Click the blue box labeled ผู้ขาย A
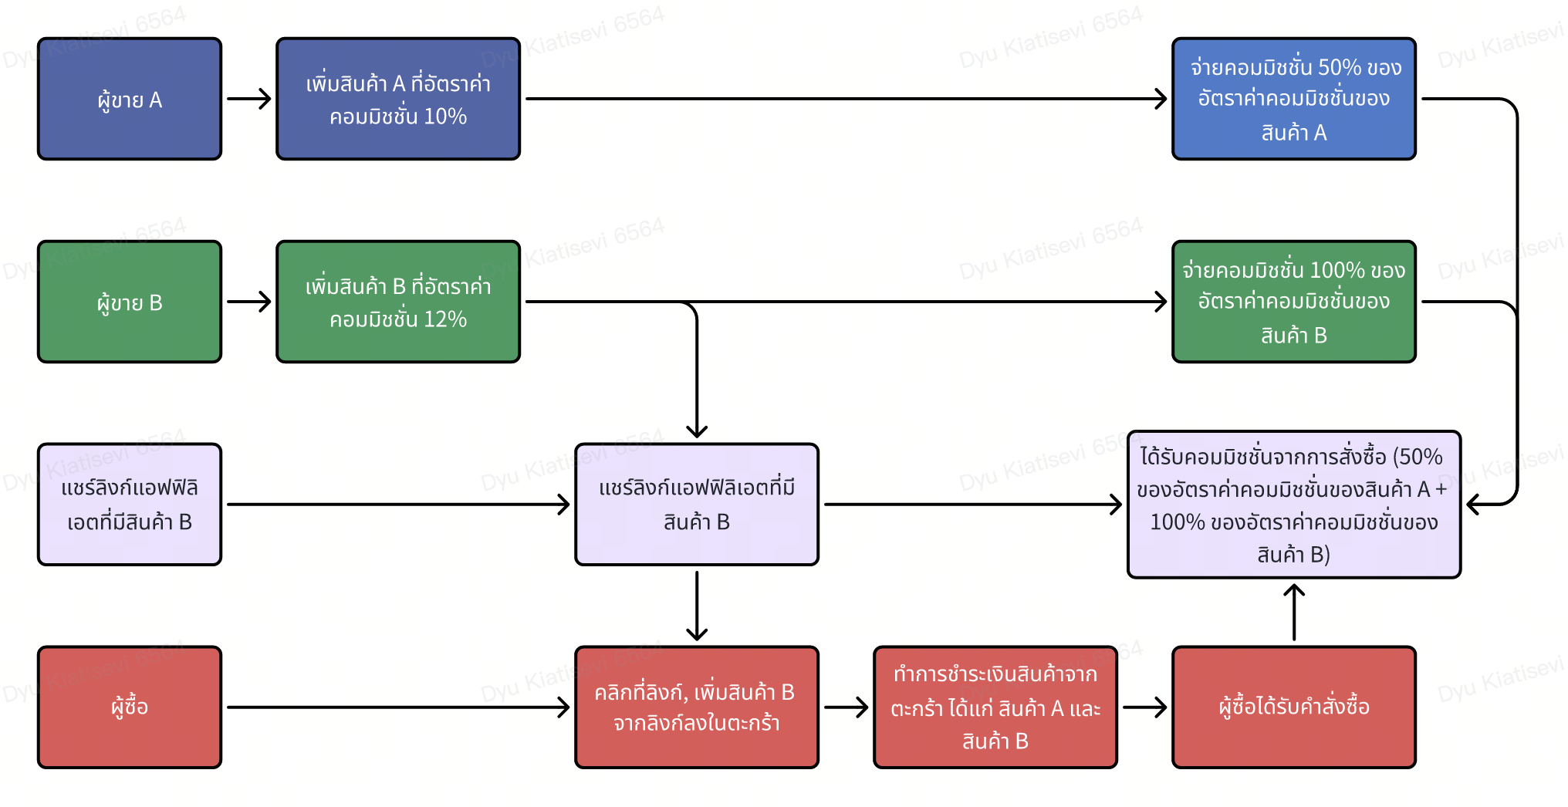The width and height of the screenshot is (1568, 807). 130,99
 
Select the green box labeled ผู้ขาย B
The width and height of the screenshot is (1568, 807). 130,302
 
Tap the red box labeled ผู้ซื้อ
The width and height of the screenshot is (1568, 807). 130,707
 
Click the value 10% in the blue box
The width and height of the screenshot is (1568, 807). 445,116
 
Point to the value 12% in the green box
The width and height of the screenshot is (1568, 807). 445,319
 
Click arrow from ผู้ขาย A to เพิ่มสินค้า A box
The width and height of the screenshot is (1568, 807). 249,99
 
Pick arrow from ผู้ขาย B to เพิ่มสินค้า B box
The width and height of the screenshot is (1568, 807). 249,302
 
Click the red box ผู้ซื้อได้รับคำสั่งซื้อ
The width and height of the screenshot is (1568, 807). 1293,707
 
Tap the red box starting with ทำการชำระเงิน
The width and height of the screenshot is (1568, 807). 995,707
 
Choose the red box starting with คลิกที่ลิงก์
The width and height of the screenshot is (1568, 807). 696,707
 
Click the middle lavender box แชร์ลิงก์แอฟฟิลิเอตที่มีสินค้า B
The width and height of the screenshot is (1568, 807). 696,505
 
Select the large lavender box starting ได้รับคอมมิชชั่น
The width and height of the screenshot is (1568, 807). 1293,505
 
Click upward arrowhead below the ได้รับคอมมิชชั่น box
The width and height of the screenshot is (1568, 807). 1294,590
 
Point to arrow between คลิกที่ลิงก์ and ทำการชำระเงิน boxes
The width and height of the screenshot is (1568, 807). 847,707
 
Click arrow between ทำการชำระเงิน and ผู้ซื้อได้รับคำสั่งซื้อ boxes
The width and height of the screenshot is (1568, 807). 1144,707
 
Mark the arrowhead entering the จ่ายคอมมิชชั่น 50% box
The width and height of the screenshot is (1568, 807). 1161,99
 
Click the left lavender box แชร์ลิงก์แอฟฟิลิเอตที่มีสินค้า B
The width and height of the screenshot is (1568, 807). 130,505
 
